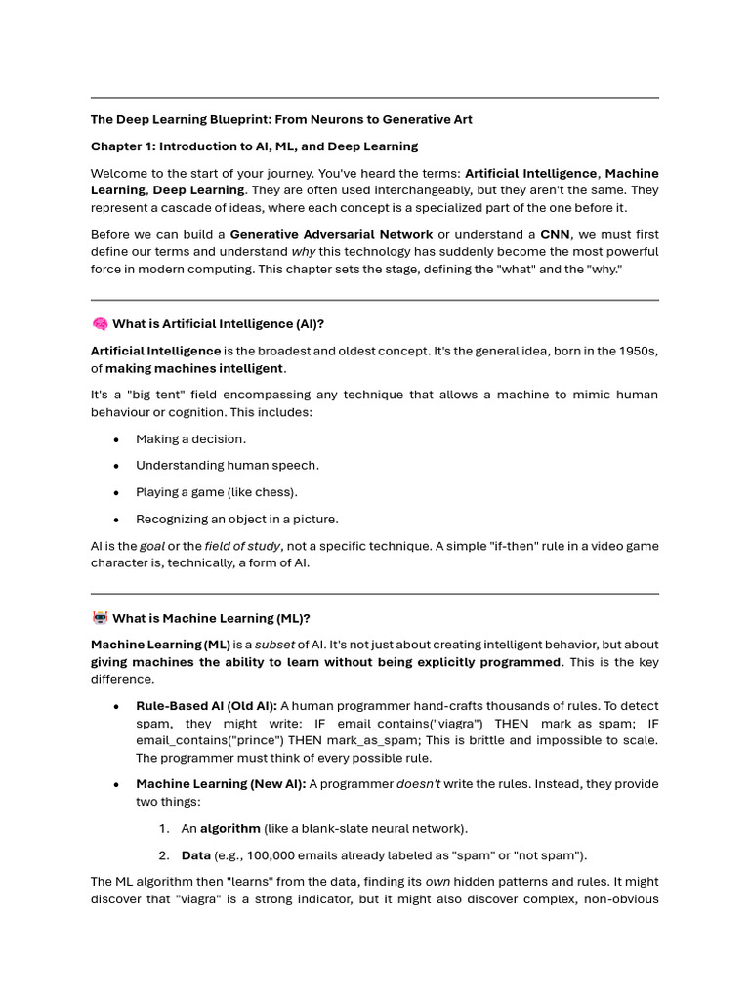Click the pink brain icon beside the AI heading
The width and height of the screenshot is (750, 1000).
click(100, 324)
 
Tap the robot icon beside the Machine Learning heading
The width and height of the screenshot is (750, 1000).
click(100, 618)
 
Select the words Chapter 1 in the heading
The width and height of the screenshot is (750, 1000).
click(121, 146)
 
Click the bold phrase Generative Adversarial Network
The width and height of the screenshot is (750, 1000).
click(331, 234)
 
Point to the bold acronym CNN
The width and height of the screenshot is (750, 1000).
click(555, 234)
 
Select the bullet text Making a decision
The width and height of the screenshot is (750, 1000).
click(190, 439)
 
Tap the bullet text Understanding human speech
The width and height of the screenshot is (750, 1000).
click(228, 466)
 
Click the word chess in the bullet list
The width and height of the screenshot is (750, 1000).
click(275, 492)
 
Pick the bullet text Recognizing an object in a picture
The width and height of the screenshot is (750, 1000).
click(237, 520)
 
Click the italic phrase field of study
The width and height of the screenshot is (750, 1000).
click(242, 546)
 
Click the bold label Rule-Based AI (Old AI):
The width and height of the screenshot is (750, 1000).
click(206, 706)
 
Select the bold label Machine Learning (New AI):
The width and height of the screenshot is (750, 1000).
click(221, 784)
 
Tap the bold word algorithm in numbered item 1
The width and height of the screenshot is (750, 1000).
click(230, 829)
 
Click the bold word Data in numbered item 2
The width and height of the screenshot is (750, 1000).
click(196, 855)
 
